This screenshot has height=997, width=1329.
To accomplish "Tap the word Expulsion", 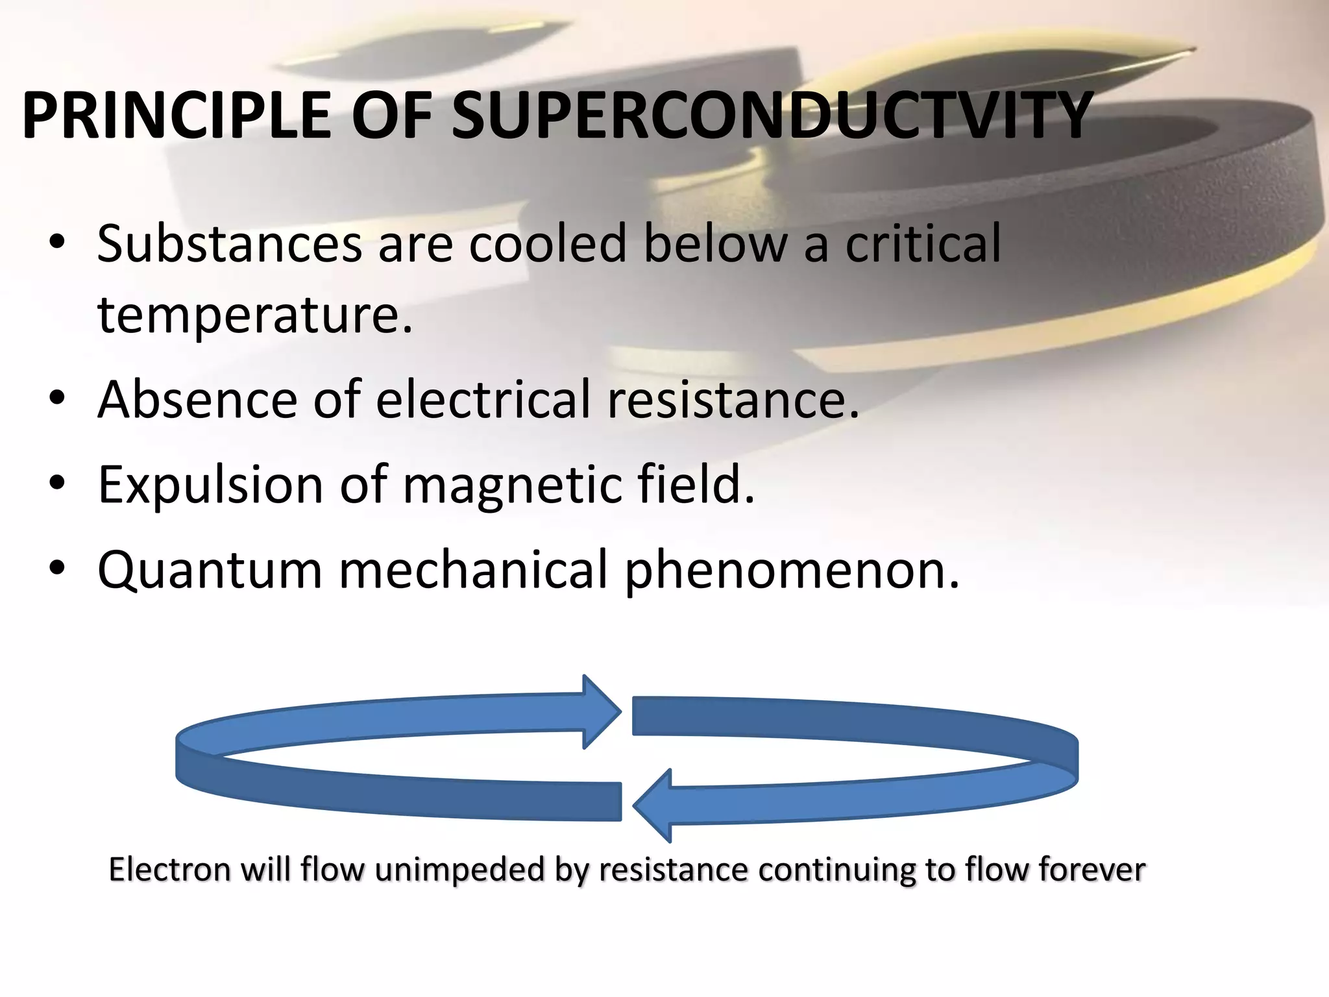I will pos(210,485).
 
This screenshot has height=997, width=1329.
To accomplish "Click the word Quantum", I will pos(210,571).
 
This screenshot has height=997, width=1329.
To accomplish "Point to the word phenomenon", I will pos(791,571).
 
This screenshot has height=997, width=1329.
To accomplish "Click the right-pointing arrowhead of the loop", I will pos(600,711).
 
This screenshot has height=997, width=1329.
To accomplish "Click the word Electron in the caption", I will pos(169,870).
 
